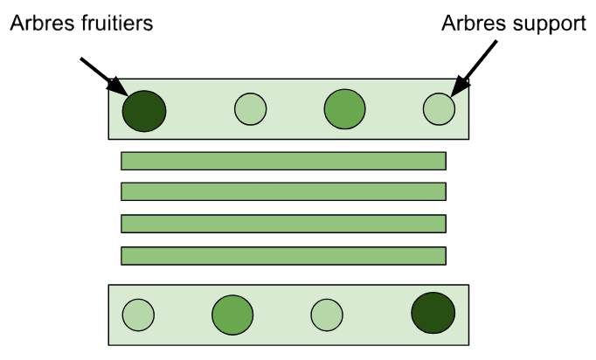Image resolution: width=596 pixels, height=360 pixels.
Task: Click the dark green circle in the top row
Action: [x=144, y=110]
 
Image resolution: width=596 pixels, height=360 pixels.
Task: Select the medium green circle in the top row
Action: [x=344, y=109]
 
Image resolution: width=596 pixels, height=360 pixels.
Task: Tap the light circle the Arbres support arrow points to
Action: [x=440, y=109]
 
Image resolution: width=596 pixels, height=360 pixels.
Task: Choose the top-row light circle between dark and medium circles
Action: [x=251, y=109]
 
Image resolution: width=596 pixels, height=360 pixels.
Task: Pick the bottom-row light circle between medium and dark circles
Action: [x=327, y=314]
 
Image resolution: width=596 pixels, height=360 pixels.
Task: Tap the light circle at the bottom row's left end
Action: [x=138, y=314]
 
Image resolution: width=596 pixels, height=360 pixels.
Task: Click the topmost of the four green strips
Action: [x=283, y=161]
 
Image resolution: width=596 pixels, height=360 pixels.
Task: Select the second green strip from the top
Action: [x=283, y=191]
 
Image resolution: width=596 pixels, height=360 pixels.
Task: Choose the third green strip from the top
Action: [x=283, y=224]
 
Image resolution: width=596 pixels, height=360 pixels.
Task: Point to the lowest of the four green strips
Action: [x=283, y=256]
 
